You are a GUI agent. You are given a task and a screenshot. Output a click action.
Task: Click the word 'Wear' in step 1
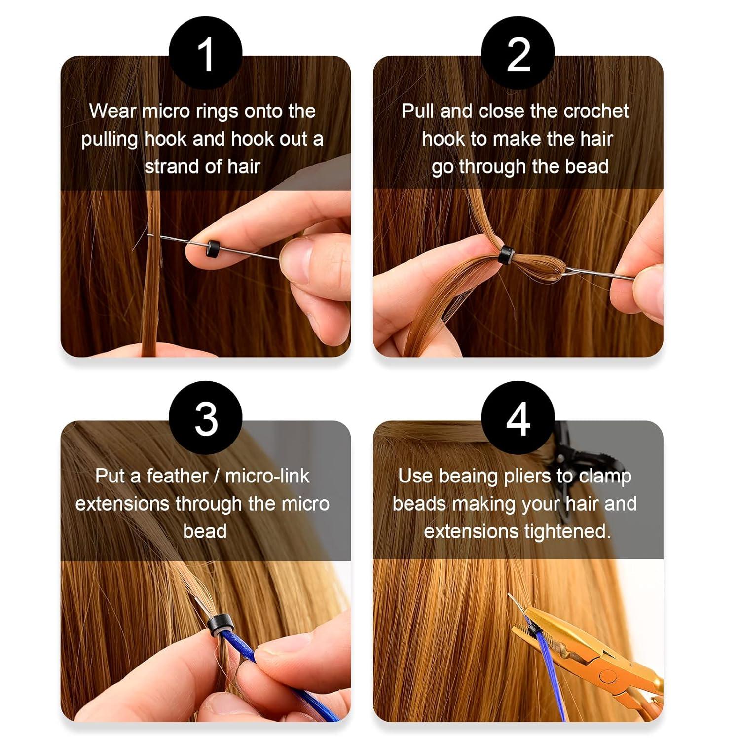113,111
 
